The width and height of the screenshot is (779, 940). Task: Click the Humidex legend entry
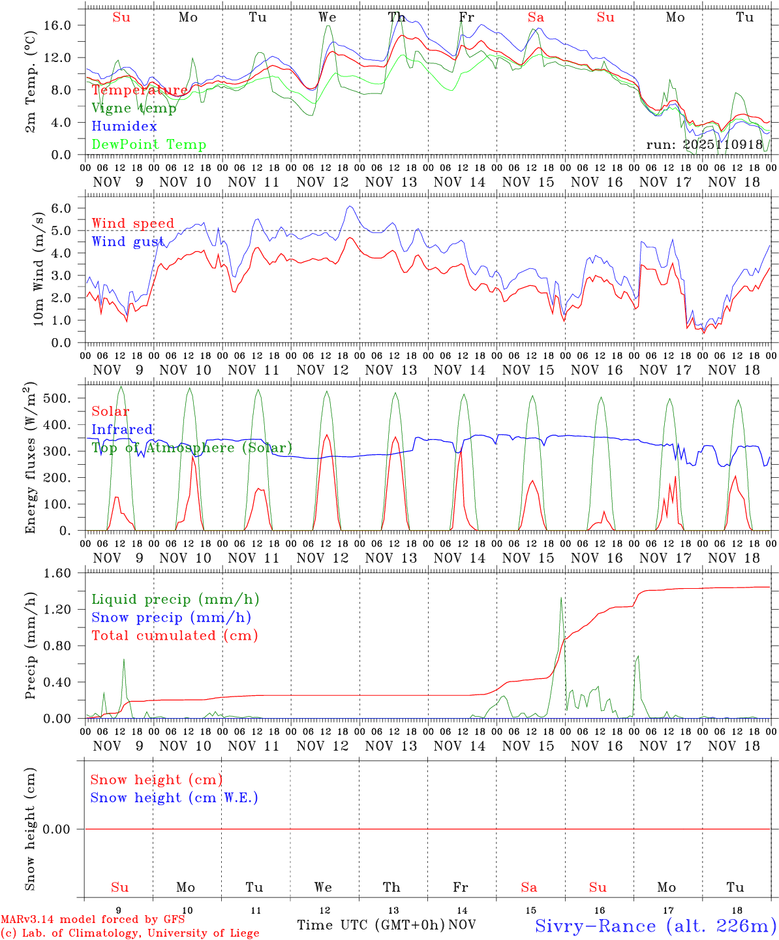tap(124, 127)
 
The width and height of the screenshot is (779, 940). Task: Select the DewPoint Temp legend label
tap(149, 145)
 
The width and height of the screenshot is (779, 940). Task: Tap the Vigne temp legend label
tap(134, 108)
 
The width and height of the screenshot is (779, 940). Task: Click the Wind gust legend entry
tap(128, 242)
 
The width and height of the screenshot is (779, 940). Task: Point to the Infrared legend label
tap(122, 430)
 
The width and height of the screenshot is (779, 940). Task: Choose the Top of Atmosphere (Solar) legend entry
tap(192, 448)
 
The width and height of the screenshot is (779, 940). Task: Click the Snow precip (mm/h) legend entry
tap(171, 618)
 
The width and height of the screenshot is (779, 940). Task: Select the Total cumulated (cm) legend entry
tap(175, 636)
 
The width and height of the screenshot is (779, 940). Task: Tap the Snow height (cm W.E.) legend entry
tap(174, 798)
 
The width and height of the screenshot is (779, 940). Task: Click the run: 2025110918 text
tap(704, 145)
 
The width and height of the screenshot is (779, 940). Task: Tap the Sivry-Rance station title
tap(655, 926)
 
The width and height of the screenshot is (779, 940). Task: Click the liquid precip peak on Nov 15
tap(561, 597)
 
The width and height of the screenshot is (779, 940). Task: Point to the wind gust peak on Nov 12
tap(350, 206)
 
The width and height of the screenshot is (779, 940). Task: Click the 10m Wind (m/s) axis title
tap(38, 268)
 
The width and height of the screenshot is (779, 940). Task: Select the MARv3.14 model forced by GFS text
tap(93, 920)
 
